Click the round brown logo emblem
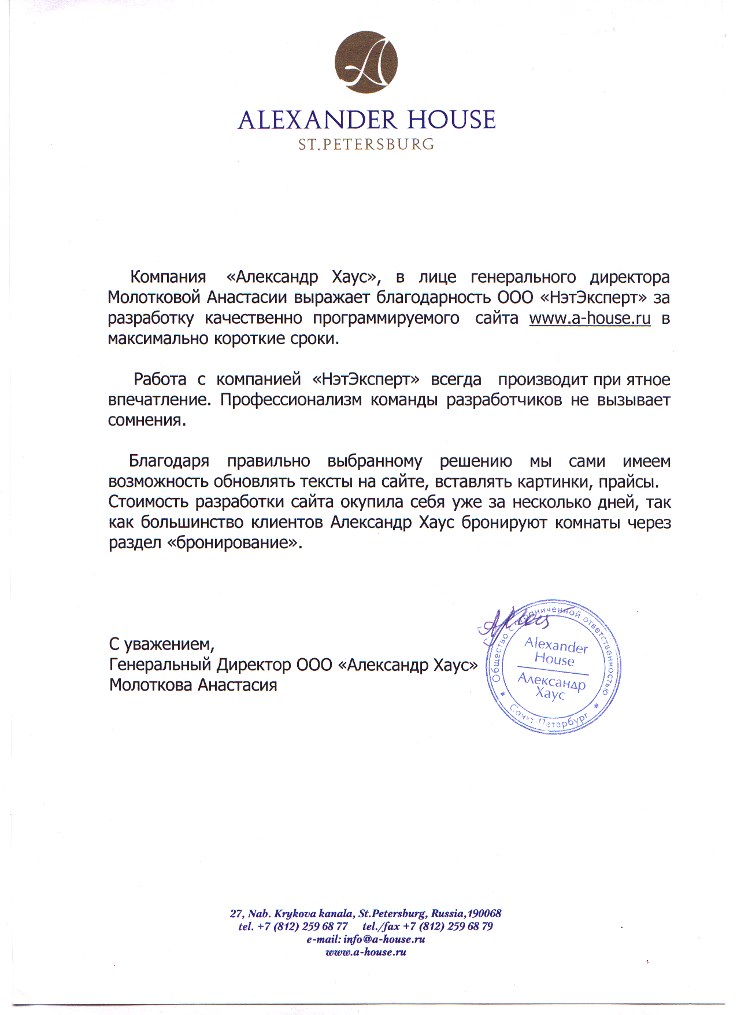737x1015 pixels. click(x=366, y=62)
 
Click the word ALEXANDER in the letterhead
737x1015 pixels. click(x=317, y=120)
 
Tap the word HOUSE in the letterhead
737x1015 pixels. click(x=451, y=120)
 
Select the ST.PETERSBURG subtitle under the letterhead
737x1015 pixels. click(x=366, y=144)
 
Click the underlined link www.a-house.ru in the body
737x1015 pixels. click(x=590, y=319)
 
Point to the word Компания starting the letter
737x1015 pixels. click(x=168, y=277)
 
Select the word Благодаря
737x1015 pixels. click(x=169, y=462)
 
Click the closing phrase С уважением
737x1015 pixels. click(x=161, y=644)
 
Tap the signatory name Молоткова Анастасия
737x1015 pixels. click(x=193, y=685)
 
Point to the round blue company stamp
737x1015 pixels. click(x=553, y=667)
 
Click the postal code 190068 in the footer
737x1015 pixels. click(x=484, y=914)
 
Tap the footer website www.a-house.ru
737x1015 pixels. click(x=366, y=952)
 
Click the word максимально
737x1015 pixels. click(x=159, y=339)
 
